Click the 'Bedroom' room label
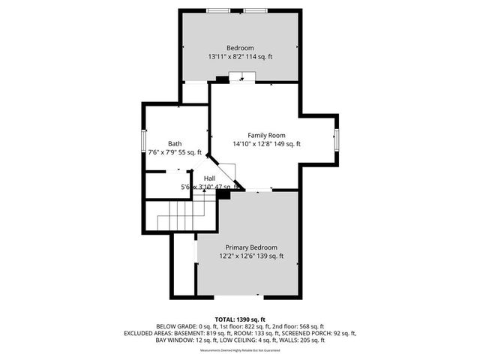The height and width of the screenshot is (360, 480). click(241, 47)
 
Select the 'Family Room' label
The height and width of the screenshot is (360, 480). click(256, 135)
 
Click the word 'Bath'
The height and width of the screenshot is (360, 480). click(174, 143)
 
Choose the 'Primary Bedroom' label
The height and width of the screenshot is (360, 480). click(251, 247)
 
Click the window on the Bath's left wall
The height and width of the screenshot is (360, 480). click(143, 140)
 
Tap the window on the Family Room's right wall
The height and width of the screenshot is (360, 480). click(337, 137)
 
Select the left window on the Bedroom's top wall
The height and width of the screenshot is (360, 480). click(219, 10)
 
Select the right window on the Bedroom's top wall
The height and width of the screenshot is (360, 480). click(253, 10)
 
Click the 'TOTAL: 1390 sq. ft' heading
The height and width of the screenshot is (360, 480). click(240, 319)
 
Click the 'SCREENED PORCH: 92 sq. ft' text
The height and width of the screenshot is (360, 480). click(320, 333)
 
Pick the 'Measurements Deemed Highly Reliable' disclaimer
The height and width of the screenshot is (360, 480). click(240, 349)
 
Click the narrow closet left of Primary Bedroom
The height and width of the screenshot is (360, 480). click(184, 266)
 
